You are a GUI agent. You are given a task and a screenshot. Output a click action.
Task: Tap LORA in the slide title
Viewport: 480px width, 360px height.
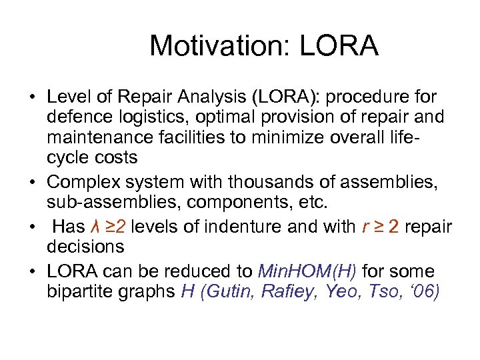pos(339,46)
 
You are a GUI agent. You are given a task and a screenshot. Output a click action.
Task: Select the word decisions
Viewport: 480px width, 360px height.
pos(85,247)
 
